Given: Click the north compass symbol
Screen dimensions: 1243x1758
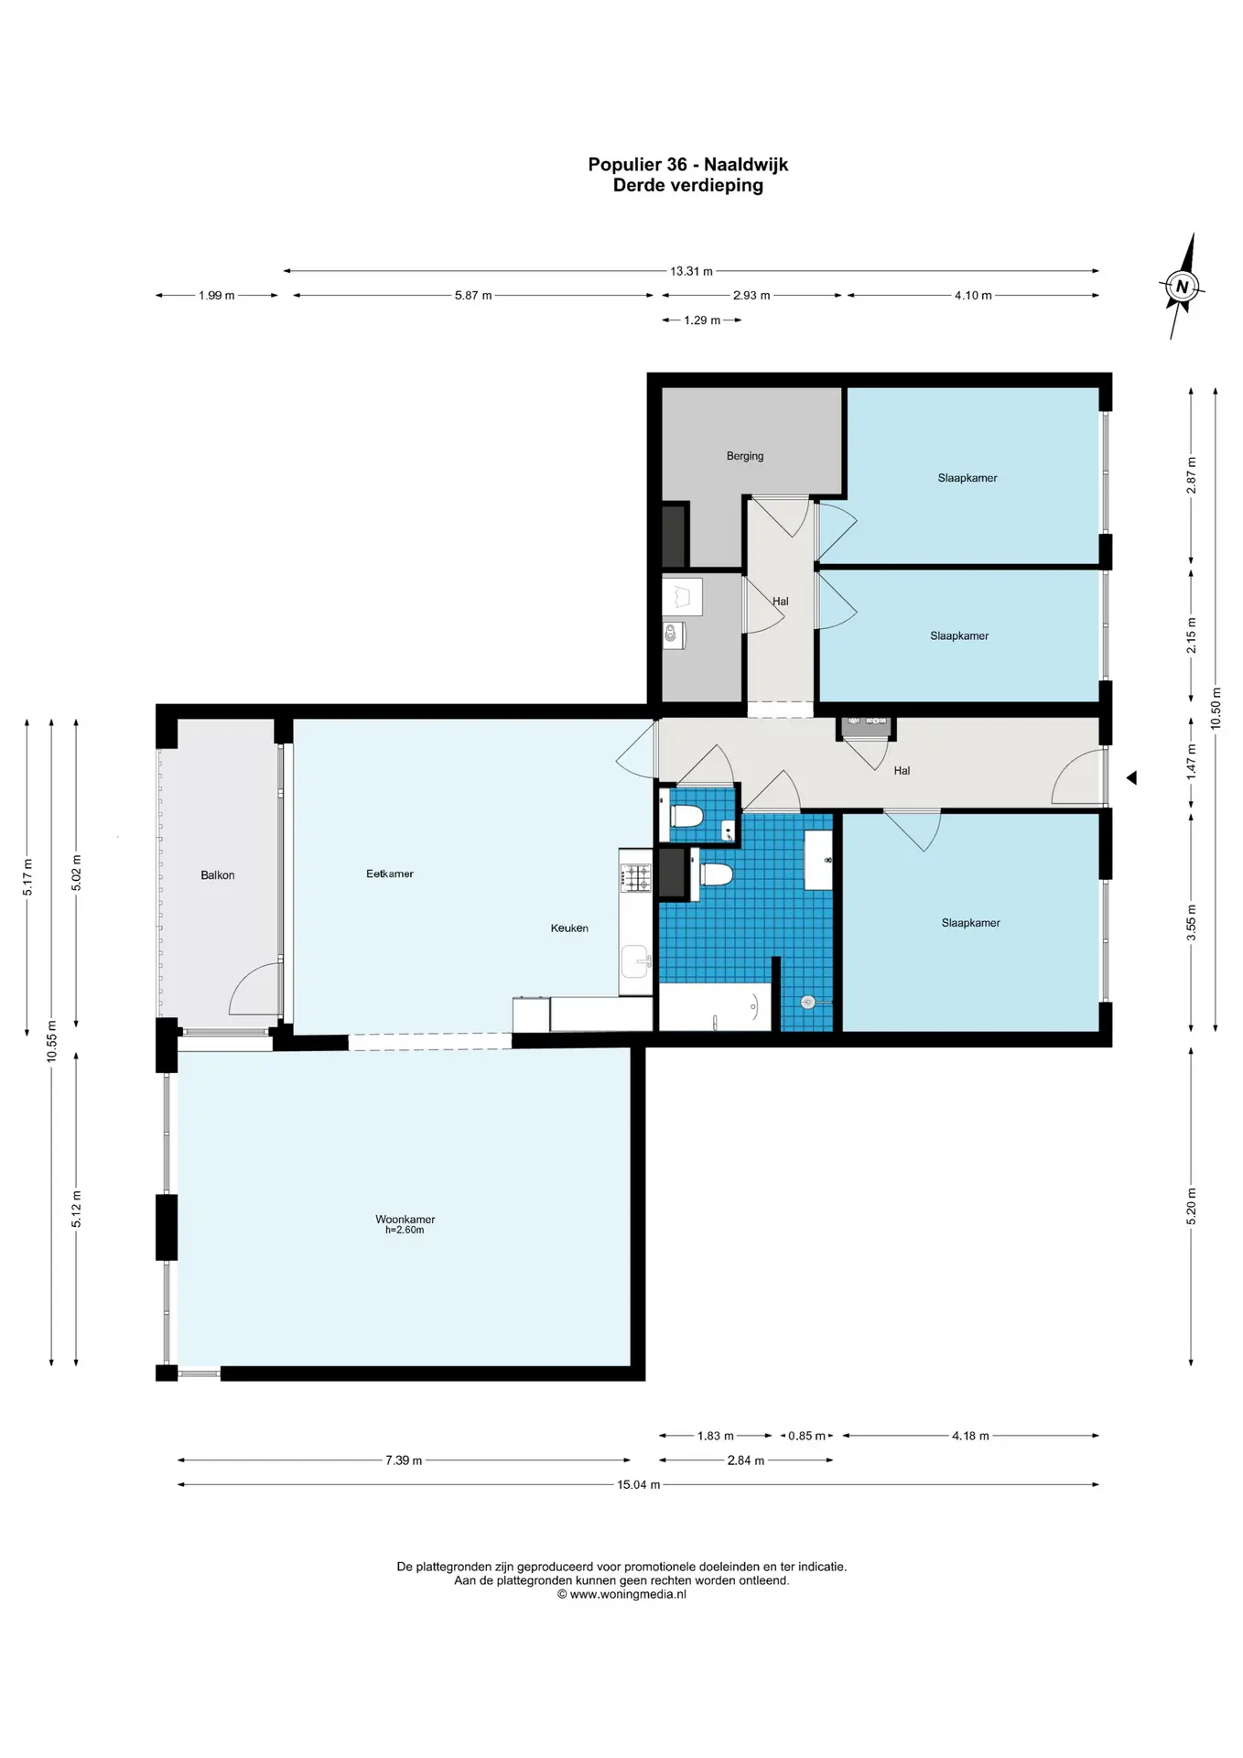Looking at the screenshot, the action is (x=1182, y=287).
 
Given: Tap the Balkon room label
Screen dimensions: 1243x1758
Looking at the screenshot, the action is (x=218, y=875).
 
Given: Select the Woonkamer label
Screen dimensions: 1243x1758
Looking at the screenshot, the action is (x=405, y=1219).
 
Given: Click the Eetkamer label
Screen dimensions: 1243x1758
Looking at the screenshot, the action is (x=390, y=874).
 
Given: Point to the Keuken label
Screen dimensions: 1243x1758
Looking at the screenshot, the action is (x=569, y=928).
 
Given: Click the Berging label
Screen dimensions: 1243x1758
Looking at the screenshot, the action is (x=745, y=456).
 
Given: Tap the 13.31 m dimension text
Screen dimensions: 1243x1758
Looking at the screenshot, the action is (x=691, y=271).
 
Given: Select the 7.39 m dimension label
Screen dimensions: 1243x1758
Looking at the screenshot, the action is (x=404, y=1460).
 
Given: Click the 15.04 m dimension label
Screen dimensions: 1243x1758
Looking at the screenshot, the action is (x=638, y=1484).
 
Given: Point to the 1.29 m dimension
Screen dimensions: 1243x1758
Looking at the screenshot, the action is (x=702, y=320).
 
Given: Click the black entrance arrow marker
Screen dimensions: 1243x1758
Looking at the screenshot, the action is (x=1131, y=777).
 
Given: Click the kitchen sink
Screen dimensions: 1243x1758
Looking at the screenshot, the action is (x=635, y=961).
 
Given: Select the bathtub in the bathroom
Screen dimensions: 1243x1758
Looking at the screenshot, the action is (x=715, y=1007).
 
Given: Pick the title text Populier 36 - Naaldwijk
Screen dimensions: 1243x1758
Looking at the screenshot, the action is (x=687, y=165).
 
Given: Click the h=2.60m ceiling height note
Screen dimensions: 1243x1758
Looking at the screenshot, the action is (x=405, y=1230).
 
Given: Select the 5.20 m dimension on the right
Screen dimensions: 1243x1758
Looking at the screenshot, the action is (x=1191, y=1206).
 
